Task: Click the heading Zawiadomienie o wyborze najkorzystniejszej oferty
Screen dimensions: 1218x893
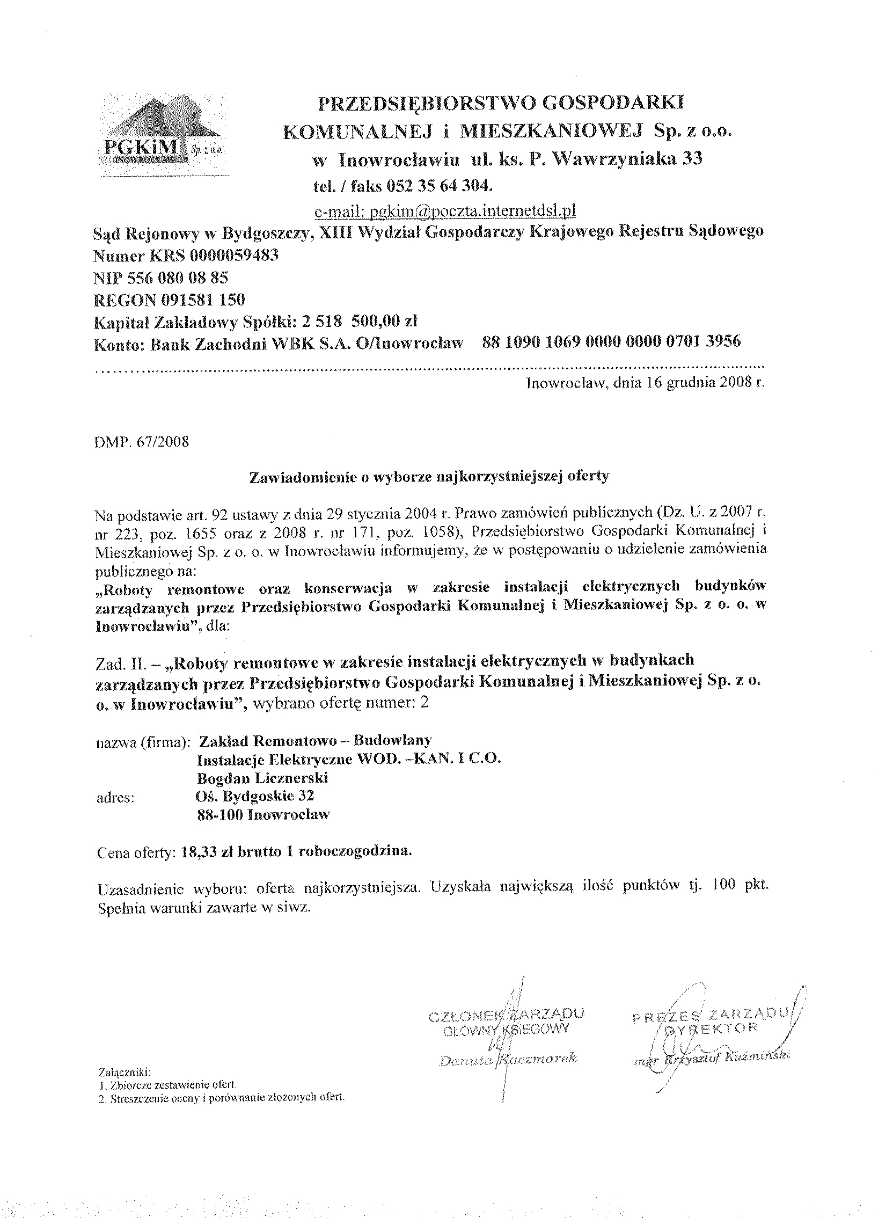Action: coord(429,476)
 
